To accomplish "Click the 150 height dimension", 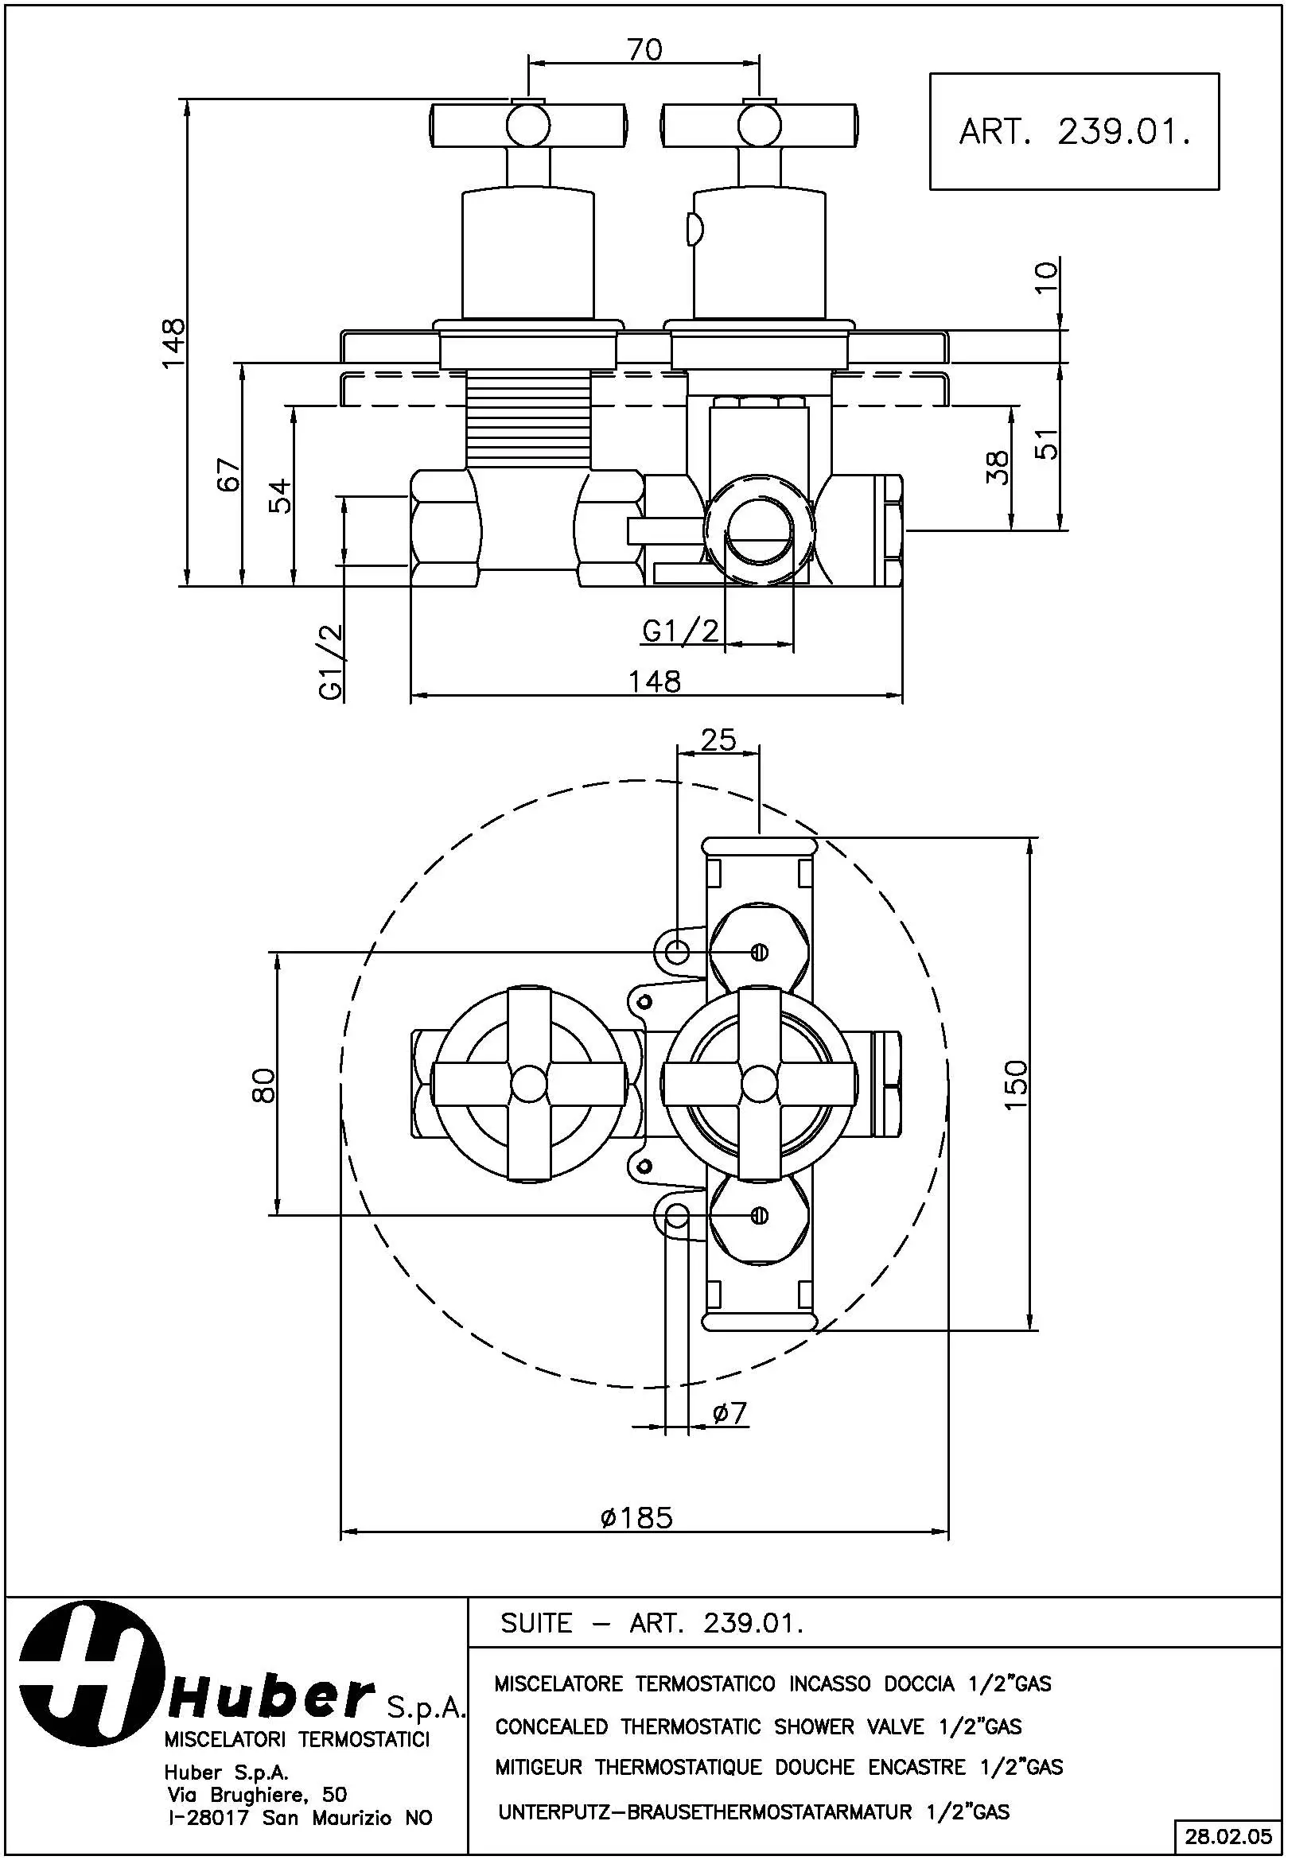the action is [x=1016, y=1086].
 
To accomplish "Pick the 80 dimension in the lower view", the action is [x=264, y=1085].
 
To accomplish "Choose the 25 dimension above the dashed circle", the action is [x=718, y=740].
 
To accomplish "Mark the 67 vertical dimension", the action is [x=229, y=474].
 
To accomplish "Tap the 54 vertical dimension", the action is [x=279, y=495].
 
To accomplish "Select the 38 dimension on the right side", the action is [x=998, y=468].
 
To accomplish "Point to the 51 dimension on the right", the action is [x=1048, y=444].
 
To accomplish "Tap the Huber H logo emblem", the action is [x=87, y=1672].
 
